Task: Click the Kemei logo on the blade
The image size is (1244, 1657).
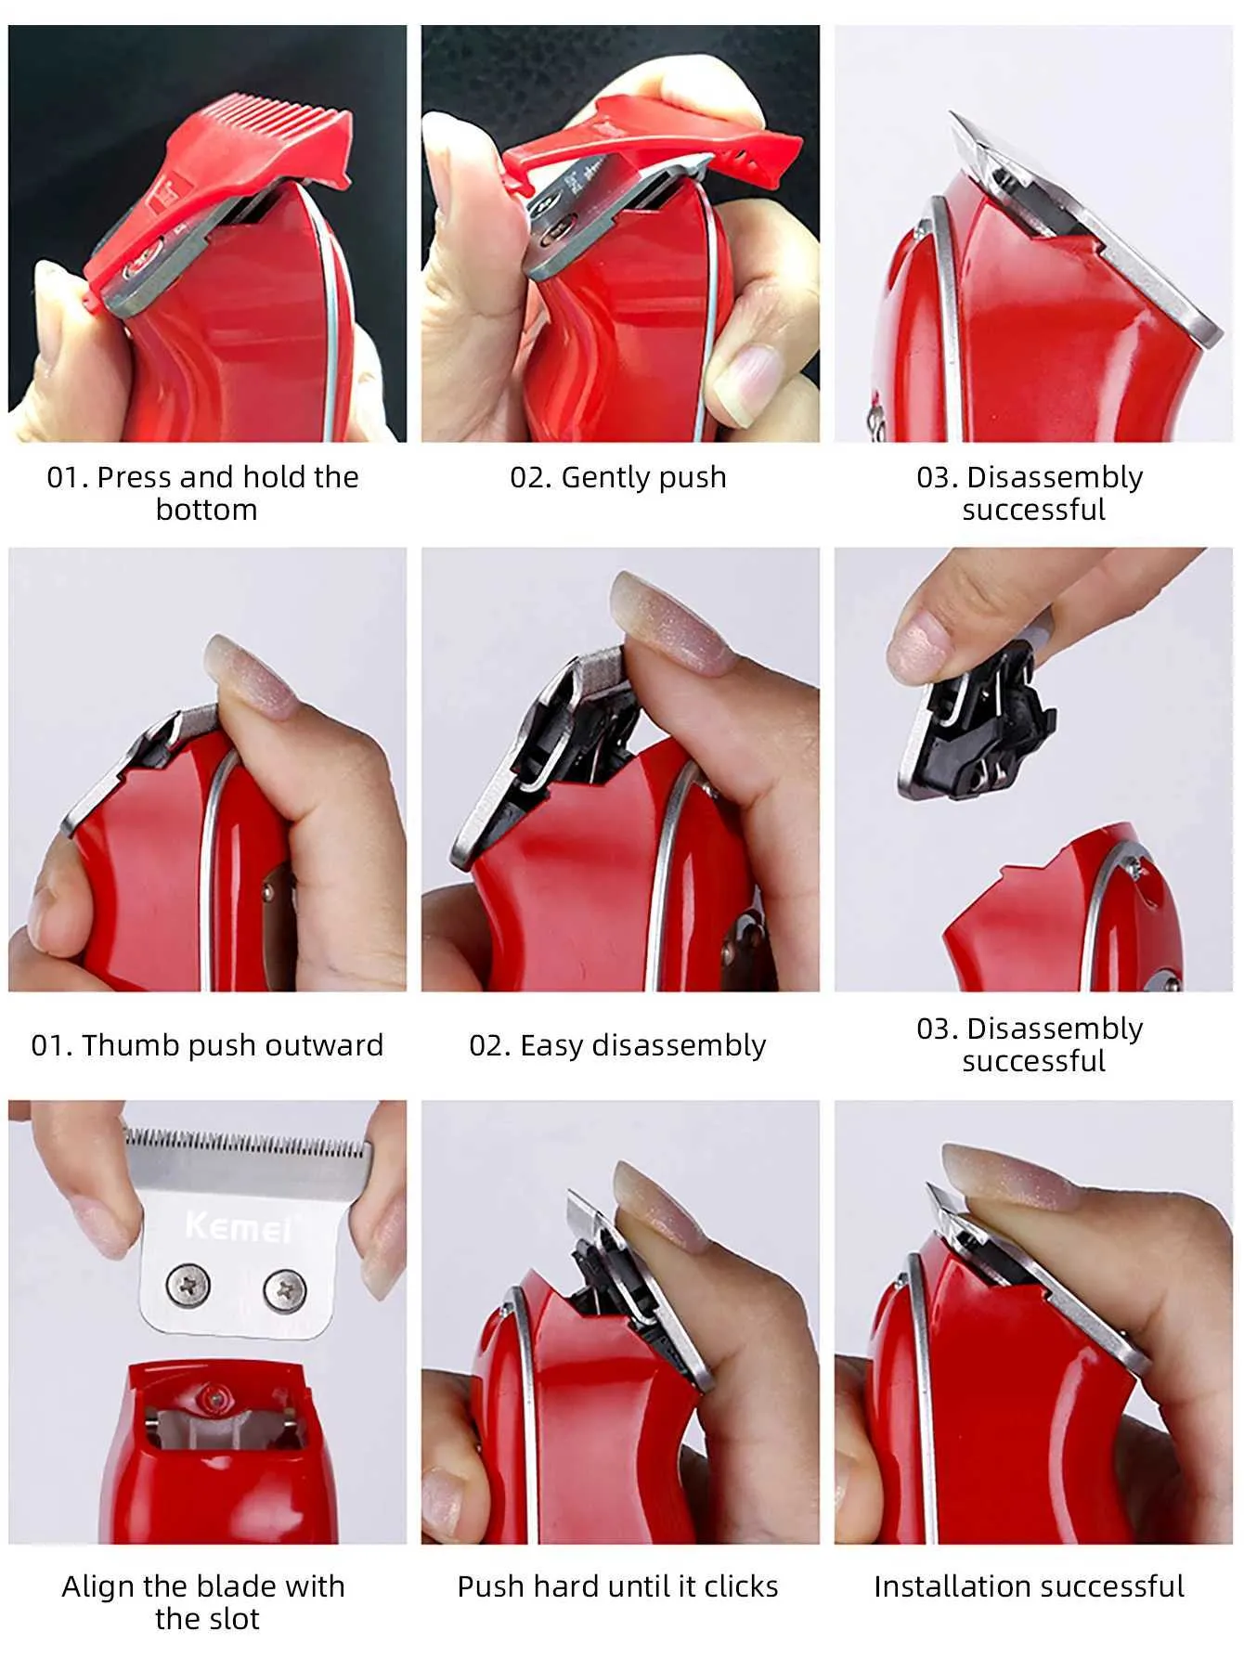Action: point(238,1226)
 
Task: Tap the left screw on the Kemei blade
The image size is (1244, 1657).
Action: point(188,1285)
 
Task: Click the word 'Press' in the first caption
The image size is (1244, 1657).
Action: point(135,477)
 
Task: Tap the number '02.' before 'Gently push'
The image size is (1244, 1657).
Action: point(531,478)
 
